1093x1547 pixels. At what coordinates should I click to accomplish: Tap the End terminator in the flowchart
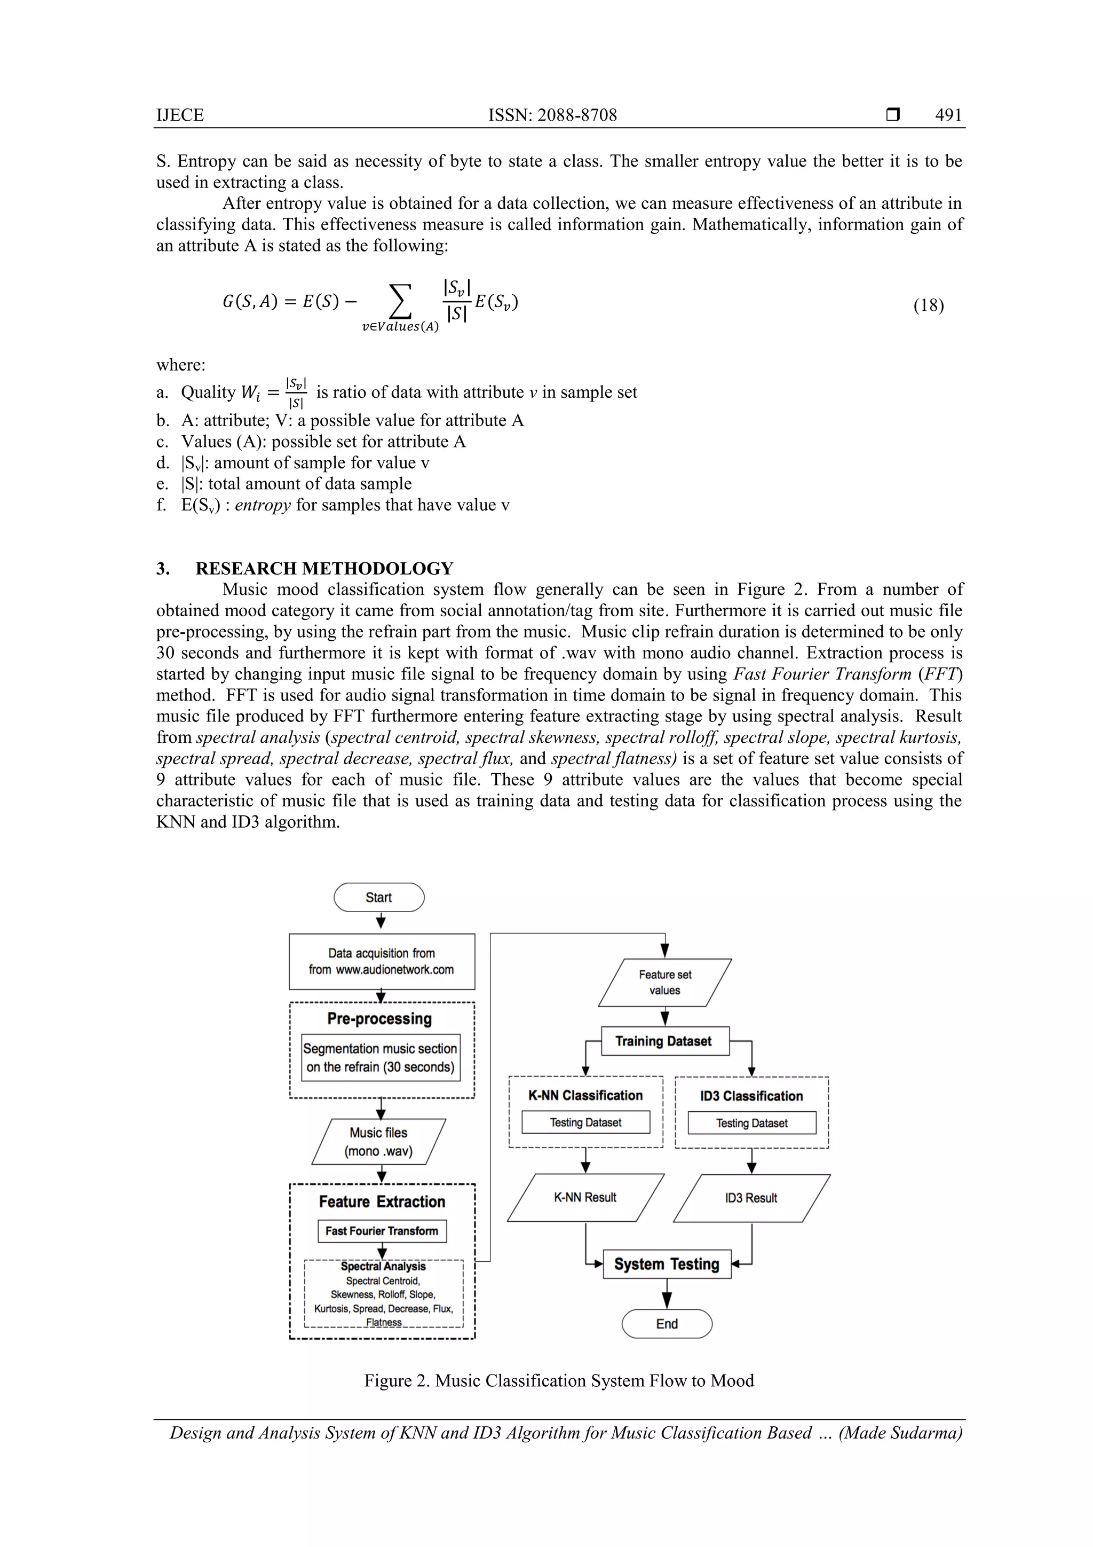(x=667, y=1324)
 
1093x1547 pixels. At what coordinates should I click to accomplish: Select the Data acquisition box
(x=382, y=962)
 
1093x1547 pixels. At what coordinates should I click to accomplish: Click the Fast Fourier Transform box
(x=382, y=1231)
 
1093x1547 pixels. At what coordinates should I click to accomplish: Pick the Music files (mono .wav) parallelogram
(x=378, y=1142)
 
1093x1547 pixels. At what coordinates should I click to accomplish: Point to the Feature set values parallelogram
(x=664, y=983)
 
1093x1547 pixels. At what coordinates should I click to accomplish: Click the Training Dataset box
(x=664, y=1041)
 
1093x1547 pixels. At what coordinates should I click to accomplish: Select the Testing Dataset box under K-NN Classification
(x=585, y=1122)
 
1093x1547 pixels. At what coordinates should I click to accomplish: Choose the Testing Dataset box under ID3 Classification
(x=751, y=1123)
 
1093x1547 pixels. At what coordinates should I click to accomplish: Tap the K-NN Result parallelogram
(x=585, y=1197)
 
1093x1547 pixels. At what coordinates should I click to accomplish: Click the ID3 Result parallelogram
(x=751, y=1198)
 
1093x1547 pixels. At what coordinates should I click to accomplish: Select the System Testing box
(x=667, y=1264)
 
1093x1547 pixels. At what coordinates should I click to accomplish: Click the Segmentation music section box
(x=381, y=1058)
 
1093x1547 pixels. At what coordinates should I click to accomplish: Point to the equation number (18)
(x=928, y=305)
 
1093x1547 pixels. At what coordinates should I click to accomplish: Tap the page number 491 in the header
(x=948, y=115)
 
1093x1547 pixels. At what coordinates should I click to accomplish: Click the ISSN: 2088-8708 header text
(x=552, y=115)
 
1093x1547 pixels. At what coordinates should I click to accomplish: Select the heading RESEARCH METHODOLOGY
(x=324, y=568)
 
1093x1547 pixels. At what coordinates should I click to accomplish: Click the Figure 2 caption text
(x=559, y=1380)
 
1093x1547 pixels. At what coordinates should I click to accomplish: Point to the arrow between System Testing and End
(x=667, y=1294)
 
